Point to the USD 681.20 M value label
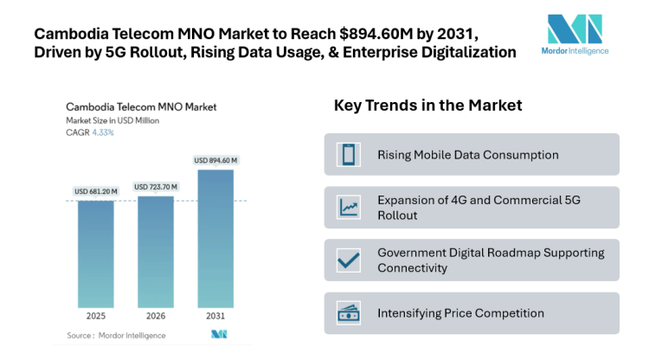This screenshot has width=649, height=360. [95, 191]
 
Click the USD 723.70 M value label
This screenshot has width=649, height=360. [156, 187]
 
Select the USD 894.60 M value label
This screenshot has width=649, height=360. [215, 160]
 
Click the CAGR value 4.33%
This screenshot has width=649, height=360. [102, 132]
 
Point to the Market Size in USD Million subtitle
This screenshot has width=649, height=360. [112, 120]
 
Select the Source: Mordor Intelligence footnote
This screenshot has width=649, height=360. [113, 334]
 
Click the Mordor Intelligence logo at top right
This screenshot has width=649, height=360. [575, 34]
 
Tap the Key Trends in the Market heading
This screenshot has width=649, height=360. [427, 106]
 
